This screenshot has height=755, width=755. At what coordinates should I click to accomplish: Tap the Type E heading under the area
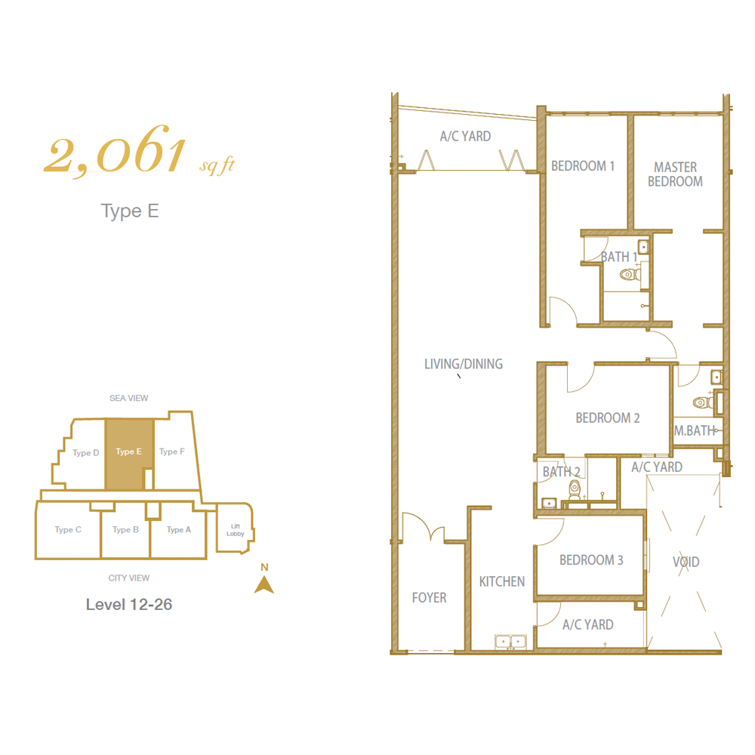tap(130, 211)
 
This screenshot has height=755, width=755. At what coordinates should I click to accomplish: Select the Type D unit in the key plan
tap(86, 452)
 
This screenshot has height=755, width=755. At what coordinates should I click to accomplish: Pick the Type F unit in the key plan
tap(172, 451)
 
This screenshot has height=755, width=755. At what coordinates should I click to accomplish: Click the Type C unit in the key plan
tap(68, 530)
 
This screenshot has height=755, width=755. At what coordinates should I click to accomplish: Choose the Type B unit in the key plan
tap(125, 530)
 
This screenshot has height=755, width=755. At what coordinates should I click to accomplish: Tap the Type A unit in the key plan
tap(179, 530)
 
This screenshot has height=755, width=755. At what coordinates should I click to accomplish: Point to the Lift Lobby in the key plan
tap(236, 530)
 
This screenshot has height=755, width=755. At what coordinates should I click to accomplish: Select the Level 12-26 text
tap(129, 604)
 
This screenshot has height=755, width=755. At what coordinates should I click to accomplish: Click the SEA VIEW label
tap(128, 398)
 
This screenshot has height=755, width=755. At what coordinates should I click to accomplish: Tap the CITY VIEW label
tap(128, 578)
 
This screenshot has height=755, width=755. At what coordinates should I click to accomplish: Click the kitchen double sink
tap(510, 642)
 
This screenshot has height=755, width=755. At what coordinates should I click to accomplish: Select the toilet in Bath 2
tap(575, 488)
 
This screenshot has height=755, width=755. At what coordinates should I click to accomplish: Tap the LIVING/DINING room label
tap(464, 364)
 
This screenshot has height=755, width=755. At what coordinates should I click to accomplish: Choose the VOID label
tap(686, 562)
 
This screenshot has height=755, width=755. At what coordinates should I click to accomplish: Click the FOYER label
tap(429, 597)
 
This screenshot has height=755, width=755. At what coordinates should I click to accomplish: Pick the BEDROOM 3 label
tap(591, 560)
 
